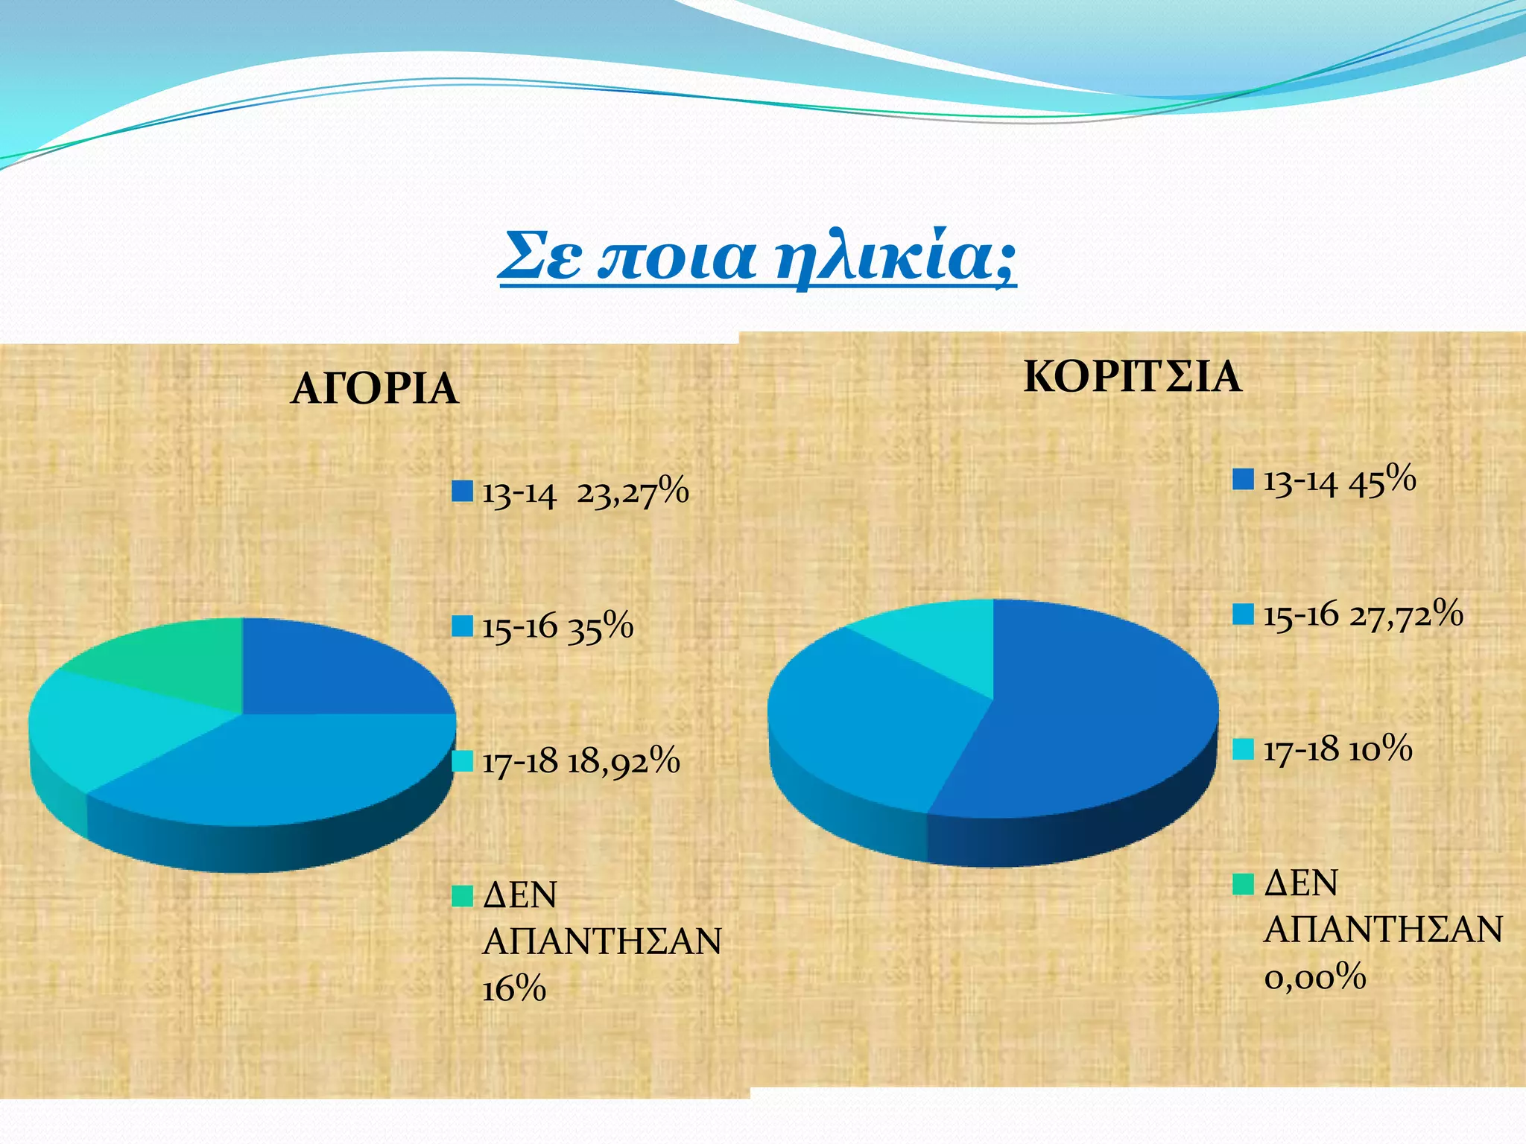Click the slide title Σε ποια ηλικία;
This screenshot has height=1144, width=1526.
click(756, 257)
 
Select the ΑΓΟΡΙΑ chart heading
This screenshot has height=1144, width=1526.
click(374, 389)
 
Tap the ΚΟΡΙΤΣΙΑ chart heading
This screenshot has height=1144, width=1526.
click(1132, 377)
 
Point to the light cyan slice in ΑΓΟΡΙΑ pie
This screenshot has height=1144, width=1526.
click(112, 726)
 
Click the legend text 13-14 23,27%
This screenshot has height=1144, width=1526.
click(586, 493)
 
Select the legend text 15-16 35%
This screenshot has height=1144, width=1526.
click(557, 626)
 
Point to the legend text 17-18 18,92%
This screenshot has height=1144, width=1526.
click(581, 762)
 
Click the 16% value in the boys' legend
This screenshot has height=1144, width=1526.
click(514, 990)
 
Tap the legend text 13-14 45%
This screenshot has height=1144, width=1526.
click(1339, 480)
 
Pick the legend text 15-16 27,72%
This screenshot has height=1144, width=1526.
click(1363, 615)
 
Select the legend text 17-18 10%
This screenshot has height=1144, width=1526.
click(1337, 749)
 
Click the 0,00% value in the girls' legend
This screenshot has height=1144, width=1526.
click(1314, 976)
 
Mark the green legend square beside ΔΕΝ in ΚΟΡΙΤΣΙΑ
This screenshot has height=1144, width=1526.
click(1243, 884)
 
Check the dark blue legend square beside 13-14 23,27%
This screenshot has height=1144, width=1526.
click(463, 492)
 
